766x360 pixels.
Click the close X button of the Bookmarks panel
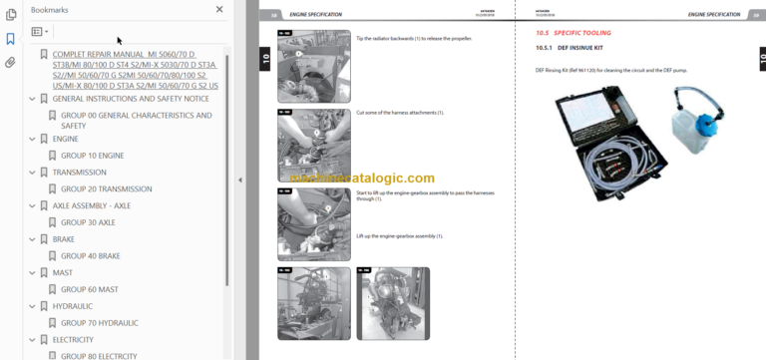tap(219, 9)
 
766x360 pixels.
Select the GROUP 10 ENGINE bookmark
tap(92, 156)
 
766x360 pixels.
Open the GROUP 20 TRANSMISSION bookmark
tap(106, 188)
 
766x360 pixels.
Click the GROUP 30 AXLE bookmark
tap(88, 222)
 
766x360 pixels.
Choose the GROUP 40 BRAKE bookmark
tap(91, 256)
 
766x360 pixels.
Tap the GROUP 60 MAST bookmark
tap(89, 289)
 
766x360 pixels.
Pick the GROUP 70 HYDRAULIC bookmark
tap(100, 323)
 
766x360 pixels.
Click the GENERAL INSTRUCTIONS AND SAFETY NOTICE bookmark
tap(130, 99)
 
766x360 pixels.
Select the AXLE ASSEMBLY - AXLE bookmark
tap(91, 205)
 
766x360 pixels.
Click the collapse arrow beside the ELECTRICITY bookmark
tap(32, 340)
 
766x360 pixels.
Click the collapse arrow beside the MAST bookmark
tap(32, 273)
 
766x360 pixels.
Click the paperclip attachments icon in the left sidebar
tap(10, 62)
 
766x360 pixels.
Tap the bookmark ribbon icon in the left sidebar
tap(10, 39)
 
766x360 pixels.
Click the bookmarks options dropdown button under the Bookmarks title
tap(39, 31)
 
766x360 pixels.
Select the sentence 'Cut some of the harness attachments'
tap(399, 113)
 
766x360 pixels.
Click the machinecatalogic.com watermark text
tap(363, 179)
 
